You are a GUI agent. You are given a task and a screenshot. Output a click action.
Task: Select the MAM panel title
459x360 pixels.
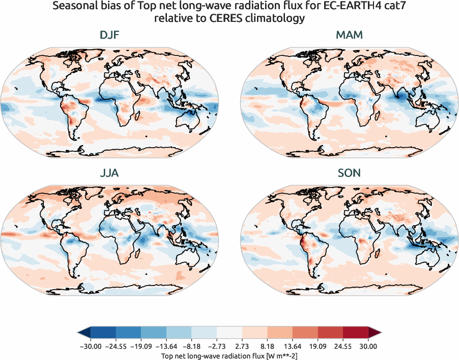[x=349, y=36]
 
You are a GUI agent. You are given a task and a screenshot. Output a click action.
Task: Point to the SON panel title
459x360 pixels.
[x=349, y=173]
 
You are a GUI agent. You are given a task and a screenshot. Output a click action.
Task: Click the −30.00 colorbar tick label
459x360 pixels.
[x=91, y=346]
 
